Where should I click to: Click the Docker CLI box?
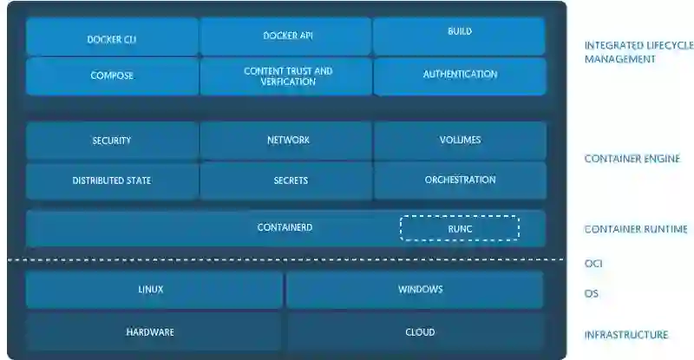[112, 38]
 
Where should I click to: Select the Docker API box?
[286, 36]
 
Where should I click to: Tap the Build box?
[460, 36]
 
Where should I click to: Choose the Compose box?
[112, 75]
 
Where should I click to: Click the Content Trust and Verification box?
[286, 75]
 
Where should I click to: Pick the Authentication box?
[460, 75]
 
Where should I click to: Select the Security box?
[112, 141]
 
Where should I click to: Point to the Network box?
[286, 141]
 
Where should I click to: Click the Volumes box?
[460, 140]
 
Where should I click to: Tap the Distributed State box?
[112, 180]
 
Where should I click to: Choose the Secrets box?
[286, 180]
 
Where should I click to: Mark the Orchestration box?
[460, 180]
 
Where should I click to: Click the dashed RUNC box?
[459, 228]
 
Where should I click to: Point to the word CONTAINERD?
[285, 227]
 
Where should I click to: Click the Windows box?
[416, 290]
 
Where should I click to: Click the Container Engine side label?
[632, 160]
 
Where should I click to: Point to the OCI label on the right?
[593, 264]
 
